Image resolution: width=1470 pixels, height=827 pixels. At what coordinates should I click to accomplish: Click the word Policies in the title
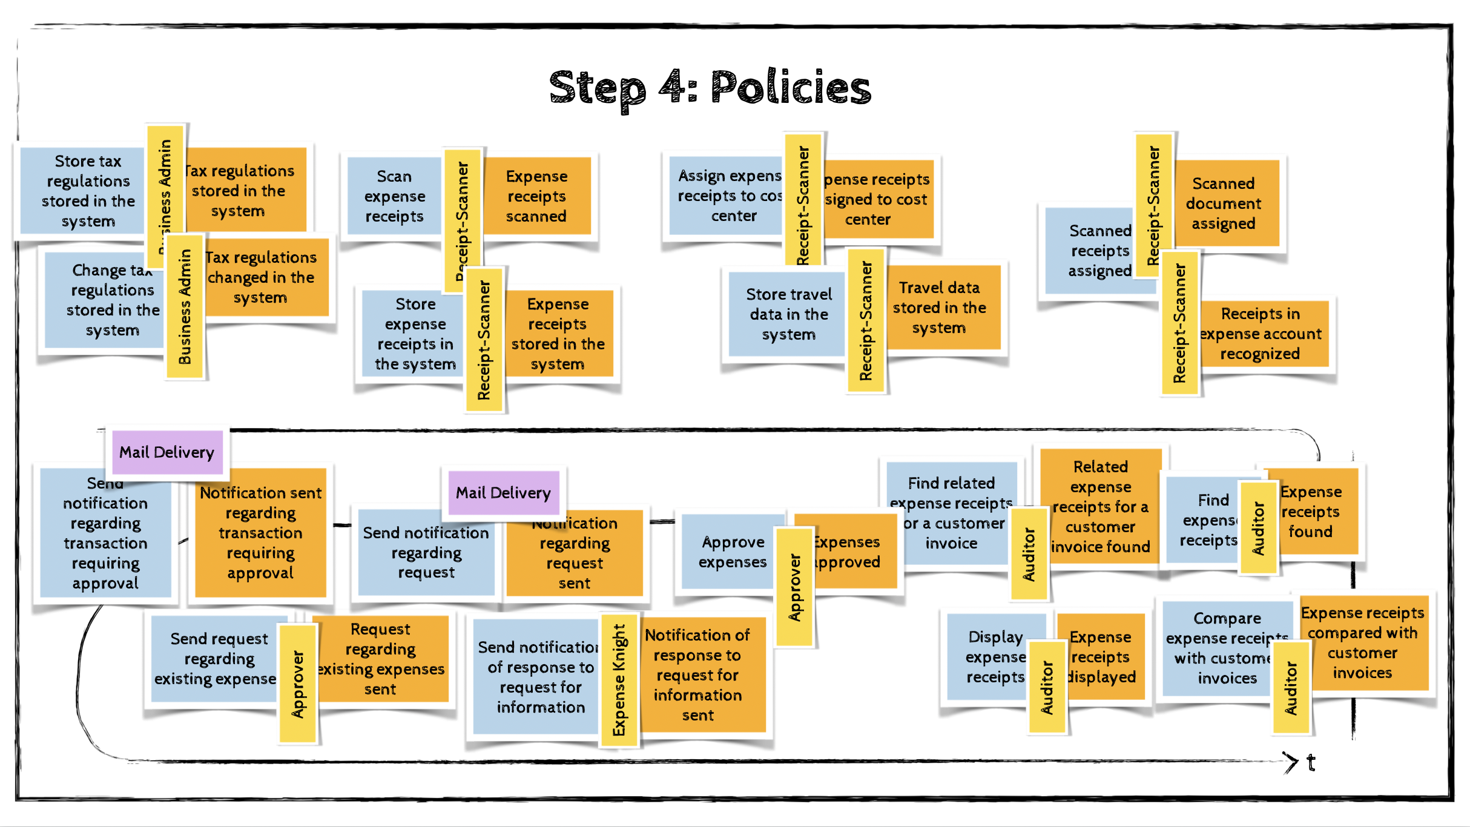point(790,88)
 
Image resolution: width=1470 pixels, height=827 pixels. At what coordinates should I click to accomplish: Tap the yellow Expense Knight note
point(619,679)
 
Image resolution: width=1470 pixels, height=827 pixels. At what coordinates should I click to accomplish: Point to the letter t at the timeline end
point(1311,762)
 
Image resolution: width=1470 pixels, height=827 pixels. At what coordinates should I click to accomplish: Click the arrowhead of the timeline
point(1291,762)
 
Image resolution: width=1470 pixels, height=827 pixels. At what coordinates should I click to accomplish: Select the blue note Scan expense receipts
point(394,196)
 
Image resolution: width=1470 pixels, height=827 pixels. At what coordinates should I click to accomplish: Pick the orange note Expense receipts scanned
point(536,196)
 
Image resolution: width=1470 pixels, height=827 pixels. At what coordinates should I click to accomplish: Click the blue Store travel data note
point(788,314)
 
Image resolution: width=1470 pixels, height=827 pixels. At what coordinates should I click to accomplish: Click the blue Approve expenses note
point(732,552)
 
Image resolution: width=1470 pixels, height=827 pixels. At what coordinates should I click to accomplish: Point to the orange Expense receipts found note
point(1314,512)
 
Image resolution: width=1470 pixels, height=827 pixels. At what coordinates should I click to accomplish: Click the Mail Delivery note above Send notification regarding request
point(503,493)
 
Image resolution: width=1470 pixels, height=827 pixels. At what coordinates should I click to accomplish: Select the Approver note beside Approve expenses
point(794,587)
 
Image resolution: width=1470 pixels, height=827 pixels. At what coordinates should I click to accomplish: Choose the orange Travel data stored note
point(940,308)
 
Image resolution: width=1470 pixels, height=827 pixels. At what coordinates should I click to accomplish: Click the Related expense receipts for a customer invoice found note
point(1100,506)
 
